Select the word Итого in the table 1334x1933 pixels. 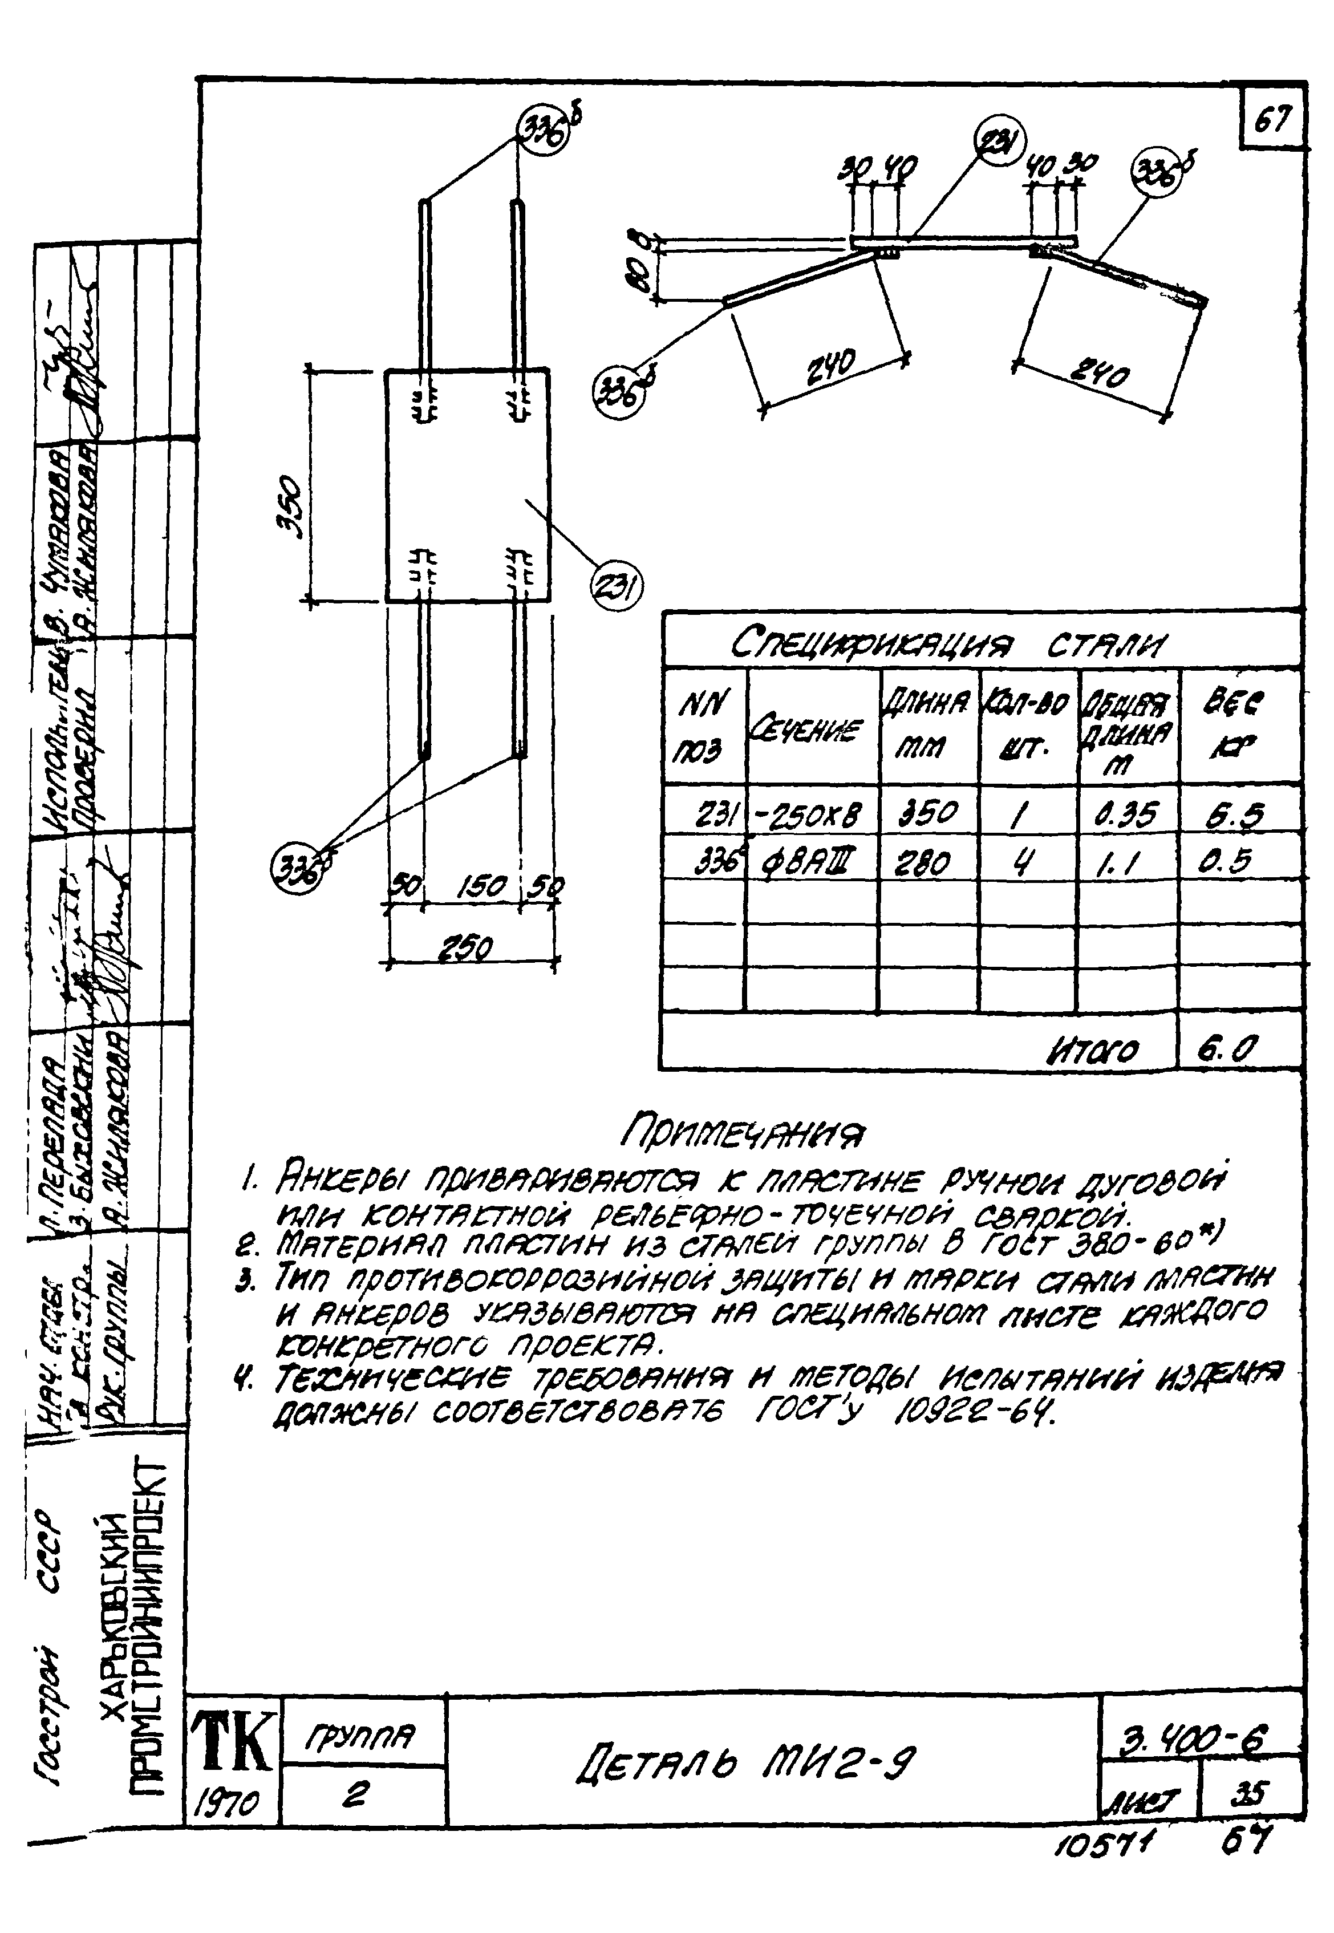[x=1092, y=1049]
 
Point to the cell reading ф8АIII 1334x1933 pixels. [x=806, y=861]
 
